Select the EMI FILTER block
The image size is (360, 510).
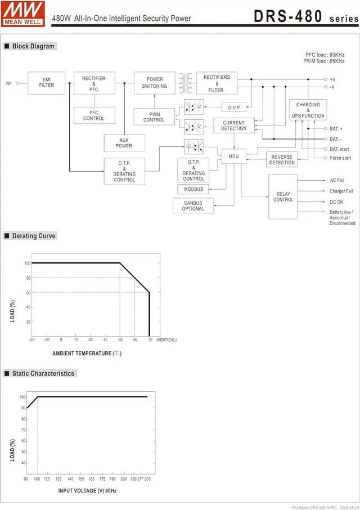47,83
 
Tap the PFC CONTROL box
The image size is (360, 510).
94,115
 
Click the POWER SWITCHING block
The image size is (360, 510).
154,83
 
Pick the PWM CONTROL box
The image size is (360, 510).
154,117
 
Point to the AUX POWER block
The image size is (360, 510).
124,143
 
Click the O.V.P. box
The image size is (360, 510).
234,108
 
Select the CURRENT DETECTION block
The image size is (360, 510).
233,126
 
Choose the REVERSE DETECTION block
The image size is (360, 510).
282,160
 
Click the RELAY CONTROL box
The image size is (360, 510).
283,196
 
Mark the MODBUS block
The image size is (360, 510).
193,189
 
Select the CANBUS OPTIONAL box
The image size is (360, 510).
193,205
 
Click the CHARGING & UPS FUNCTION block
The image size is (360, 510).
308,110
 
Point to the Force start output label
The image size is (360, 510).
340,158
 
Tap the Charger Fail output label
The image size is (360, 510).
341,191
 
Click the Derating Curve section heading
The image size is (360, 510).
34,236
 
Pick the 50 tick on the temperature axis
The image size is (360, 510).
120,340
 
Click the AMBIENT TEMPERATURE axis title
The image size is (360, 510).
87,354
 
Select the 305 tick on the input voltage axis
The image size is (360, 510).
147,479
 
